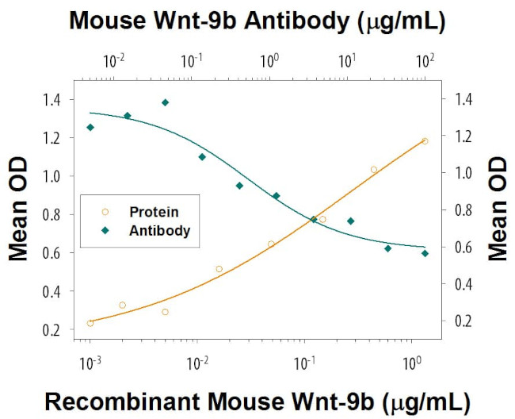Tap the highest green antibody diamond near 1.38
(x=165, y=102)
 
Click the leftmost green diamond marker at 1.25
(x=90, y=127)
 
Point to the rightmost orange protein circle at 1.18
(x=425, y=141)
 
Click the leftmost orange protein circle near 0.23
(x=90, y=323)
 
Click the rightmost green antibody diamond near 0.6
(x=425, y=253)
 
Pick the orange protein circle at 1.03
(x=374, y=169)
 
